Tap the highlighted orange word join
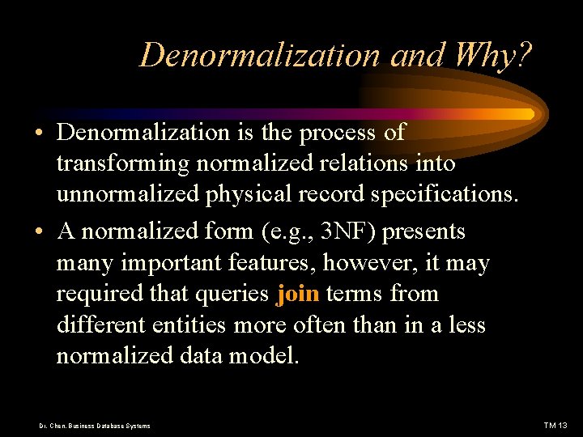point(297,295)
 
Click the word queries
point(232,295)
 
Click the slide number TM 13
point(555,426)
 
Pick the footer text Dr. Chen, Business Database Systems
point(96,426)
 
